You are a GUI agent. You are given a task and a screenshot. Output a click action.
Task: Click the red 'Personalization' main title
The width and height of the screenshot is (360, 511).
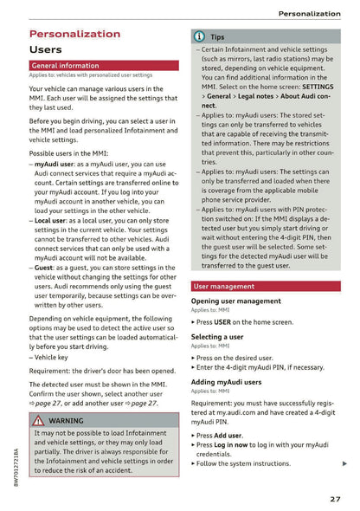(74, 34)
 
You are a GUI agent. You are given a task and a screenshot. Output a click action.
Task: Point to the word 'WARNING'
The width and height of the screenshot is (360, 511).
(67, 421)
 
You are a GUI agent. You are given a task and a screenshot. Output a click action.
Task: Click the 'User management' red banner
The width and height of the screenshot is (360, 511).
(224, 286)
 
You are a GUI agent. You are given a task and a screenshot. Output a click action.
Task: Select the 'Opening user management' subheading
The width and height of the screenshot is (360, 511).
(235, 301)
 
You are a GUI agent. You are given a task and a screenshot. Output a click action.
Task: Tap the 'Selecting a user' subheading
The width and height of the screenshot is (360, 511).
(217, 337)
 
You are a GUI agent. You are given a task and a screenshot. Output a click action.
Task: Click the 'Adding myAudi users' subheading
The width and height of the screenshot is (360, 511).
(227, 381)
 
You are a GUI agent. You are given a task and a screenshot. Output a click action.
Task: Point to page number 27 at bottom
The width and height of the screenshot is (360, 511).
(335, 498)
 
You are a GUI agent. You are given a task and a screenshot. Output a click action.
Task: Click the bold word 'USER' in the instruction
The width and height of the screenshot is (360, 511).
(222, 321)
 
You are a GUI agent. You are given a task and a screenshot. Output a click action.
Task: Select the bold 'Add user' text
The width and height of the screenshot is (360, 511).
(228, 436)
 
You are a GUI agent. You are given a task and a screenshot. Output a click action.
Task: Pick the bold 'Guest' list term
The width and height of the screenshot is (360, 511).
(45, 268)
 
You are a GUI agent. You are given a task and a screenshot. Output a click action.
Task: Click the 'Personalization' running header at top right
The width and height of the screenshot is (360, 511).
(309, 14)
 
